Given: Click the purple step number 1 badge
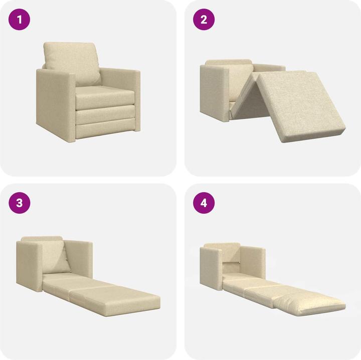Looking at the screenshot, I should pyautogui.click(x=20, y=20).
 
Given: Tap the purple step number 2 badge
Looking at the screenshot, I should pyautogui.click(x=204, y=20).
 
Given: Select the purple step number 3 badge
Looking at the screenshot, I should pyautogui.click(x=20, y=203).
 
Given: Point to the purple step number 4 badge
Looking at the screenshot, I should pyautogui.click(x=204, y=203).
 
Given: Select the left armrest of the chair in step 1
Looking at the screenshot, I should pyautogui.click(x=54, y=103).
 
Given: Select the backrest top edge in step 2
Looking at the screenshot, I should pyautogui.click(x=229, y=62).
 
